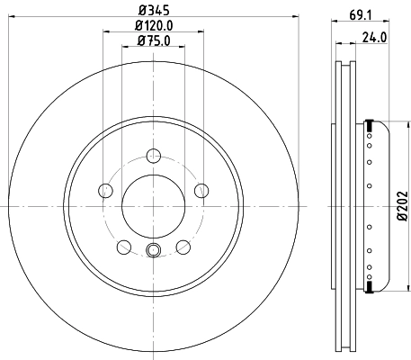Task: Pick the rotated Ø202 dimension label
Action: [401, 207]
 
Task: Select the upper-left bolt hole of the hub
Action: [104, 190]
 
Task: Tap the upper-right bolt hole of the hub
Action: [201, 190]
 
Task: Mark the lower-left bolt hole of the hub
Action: [122, 247]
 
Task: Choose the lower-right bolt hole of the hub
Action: [183, 247]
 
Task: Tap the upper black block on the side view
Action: [368, 124]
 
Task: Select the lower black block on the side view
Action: [368, 287]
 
